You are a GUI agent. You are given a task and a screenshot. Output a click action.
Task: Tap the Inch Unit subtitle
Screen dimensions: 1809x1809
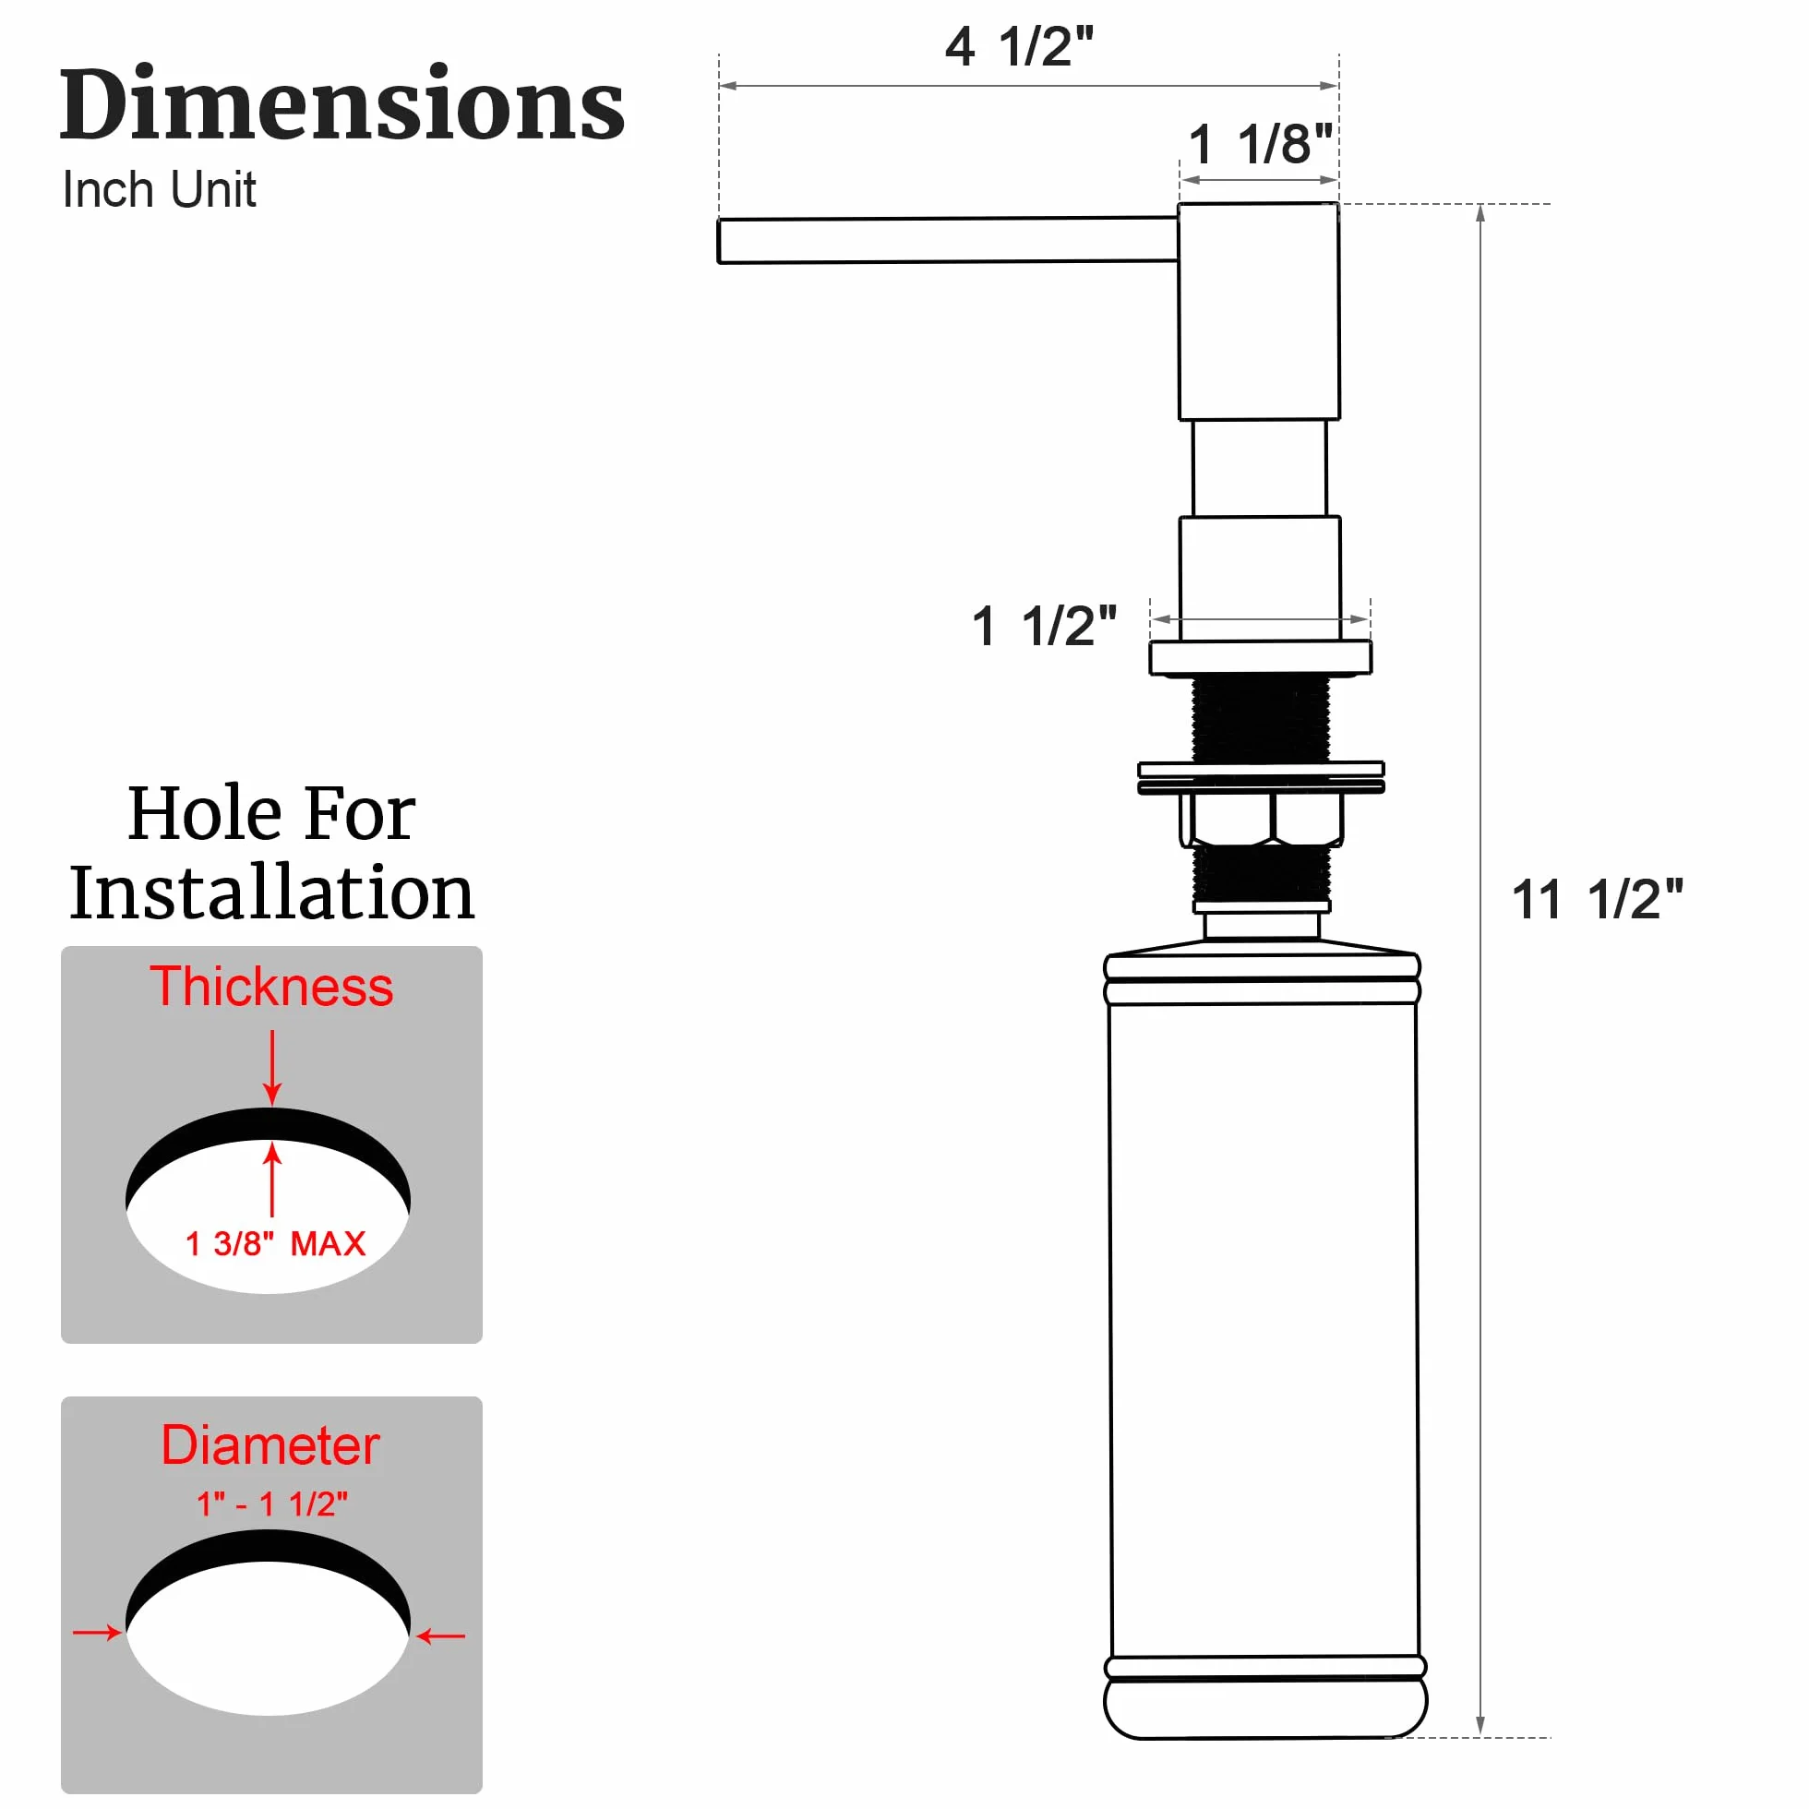[159, 190]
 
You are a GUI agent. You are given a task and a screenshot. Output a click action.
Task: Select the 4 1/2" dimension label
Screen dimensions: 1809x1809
[1020, 46]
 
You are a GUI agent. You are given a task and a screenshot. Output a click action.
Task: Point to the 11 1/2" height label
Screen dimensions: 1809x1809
[1598, 899]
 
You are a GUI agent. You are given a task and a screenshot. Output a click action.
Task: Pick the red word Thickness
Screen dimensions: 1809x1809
[271, 986]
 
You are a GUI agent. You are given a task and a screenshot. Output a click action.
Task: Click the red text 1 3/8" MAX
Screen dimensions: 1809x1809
[275, 1243]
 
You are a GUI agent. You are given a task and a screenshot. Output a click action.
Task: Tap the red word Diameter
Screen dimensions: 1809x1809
[270, 1444]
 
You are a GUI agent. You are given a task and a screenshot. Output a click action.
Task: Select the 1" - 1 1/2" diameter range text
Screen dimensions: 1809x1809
[271, 1504]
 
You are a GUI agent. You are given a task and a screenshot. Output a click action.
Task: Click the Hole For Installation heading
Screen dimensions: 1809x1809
[271, 852]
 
